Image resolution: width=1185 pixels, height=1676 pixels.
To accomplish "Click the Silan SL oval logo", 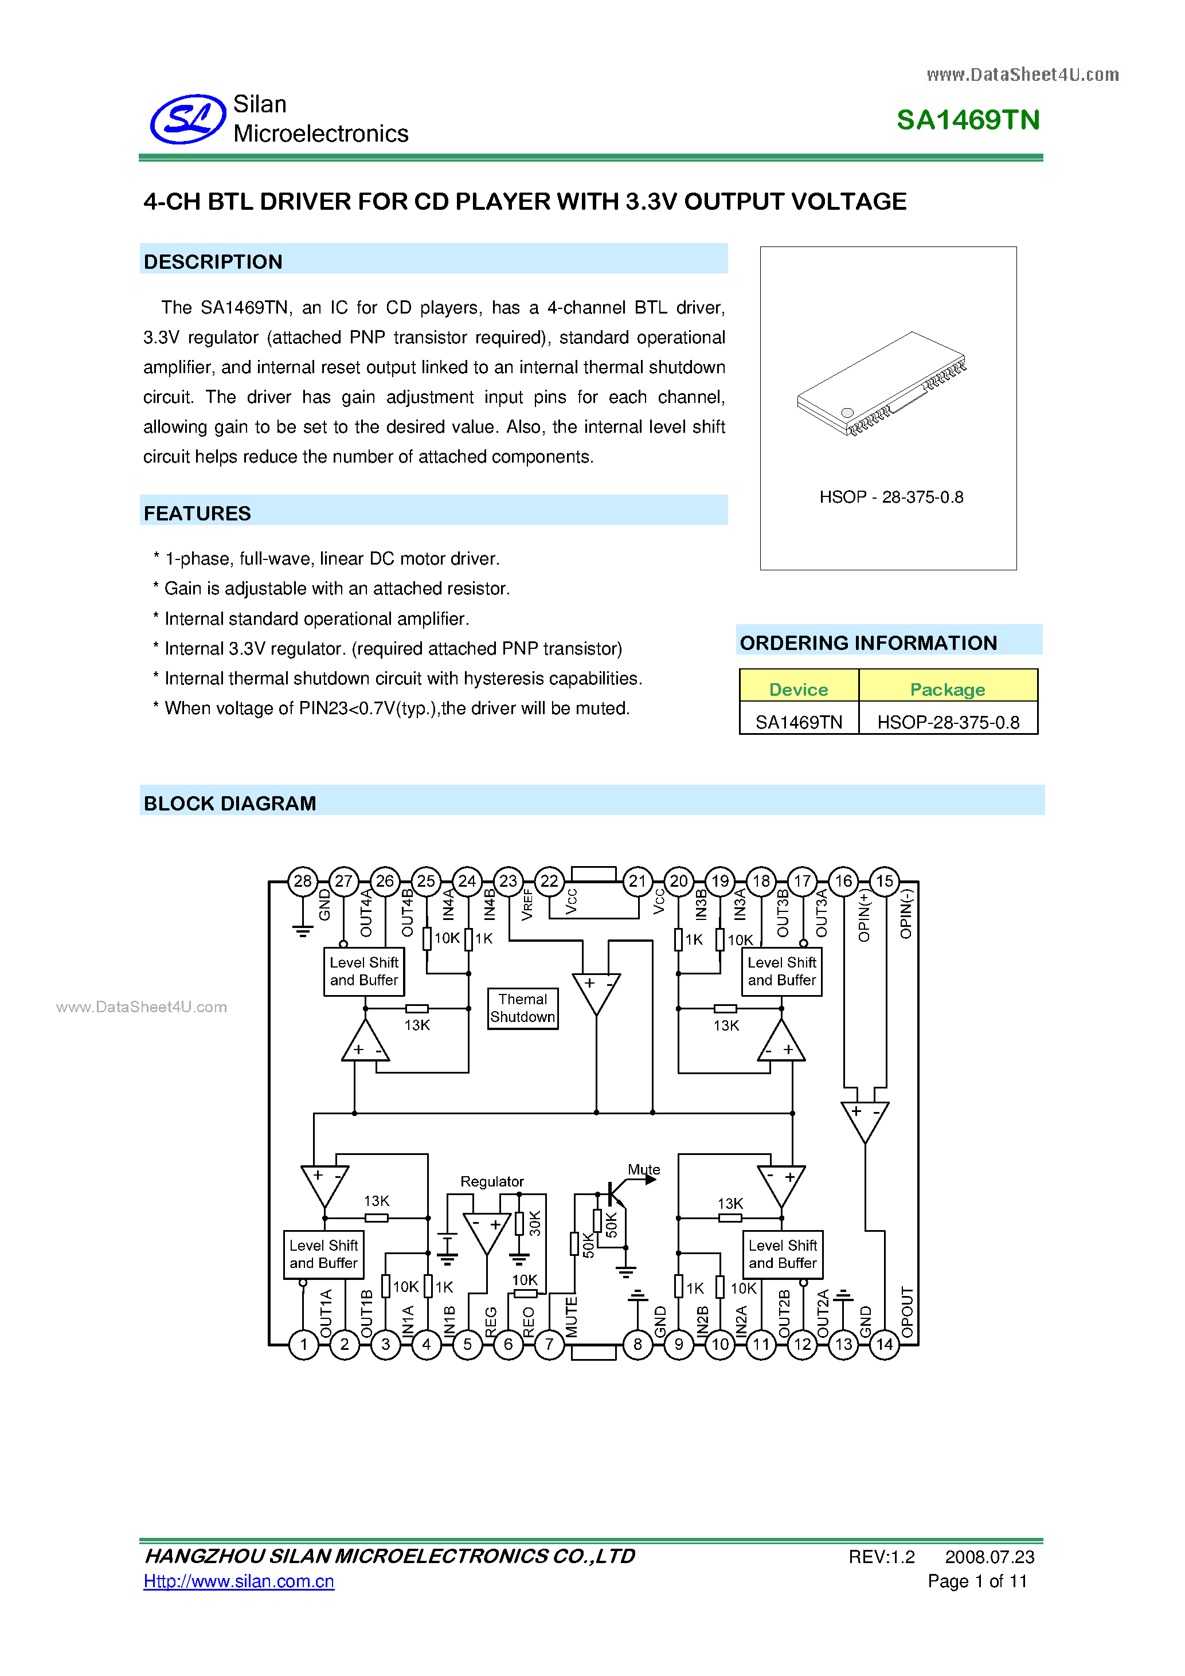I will click(x=187, y=119).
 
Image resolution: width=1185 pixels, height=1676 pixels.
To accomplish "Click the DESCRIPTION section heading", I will click(x=213, y=261).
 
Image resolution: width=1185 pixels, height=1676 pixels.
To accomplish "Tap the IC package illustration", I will click(x=882, y=385).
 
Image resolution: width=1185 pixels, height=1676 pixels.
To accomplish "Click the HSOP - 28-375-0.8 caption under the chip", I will click(x=891, y=497).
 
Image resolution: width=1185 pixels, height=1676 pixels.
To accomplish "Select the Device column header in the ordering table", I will click(x=798, y=689).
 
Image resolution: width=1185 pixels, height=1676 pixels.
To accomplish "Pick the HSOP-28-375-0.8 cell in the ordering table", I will click(x=948, y=722).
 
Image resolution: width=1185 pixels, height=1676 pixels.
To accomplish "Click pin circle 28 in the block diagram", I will click(x=302, y=881).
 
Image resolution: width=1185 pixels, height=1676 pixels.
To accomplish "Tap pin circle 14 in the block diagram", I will click(x=884, y=1344).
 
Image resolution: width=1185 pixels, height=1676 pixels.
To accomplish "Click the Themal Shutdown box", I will click(x=523, y=1008).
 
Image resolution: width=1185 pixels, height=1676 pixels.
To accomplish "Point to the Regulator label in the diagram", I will click(x=491, y=1181).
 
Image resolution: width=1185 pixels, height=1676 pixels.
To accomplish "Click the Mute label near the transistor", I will click(x=643, y=1169).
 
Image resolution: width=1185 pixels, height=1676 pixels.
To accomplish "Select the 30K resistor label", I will click(x=535, y=1223).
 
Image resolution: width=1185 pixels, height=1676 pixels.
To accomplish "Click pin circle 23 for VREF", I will click(x=508, y=881).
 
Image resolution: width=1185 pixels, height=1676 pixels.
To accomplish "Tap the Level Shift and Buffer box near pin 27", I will click(x=363, y=971).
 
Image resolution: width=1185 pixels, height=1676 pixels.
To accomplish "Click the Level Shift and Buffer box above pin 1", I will click(x=323, y=1254).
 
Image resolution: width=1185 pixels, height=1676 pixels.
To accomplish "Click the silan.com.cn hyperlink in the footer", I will click(x=238, y=1581).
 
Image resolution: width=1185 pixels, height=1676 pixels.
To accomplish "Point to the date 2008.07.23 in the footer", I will click(x=990, y=1557).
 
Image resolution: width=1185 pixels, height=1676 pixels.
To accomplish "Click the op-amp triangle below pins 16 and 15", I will click(x=865, y=1119).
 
